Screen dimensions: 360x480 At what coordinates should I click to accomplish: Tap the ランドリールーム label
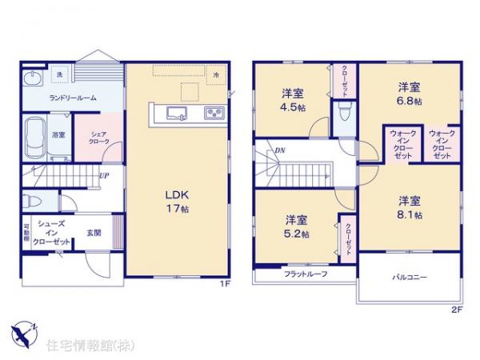tap(74, 98)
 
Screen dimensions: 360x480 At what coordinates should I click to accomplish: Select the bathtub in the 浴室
tap(35, 136)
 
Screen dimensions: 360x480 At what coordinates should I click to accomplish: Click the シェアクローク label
tap(99, 136)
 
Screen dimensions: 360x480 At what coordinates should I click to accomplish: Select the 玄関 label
tap(94, 233)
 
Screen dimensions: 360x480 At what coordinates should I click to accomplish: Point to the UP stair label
tap(104, 176)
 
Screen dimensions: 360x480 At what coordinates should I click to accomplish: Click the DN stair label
tap(280, 150)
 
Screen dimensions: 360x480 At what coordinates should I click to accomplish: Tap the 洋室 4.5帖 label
tap(292, 99)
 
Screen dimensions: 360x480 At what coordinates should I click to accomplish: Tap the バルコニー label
tap(409, 277)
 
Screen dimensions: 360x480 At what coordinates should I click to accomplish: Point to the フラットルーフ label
tap(305, 274)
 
